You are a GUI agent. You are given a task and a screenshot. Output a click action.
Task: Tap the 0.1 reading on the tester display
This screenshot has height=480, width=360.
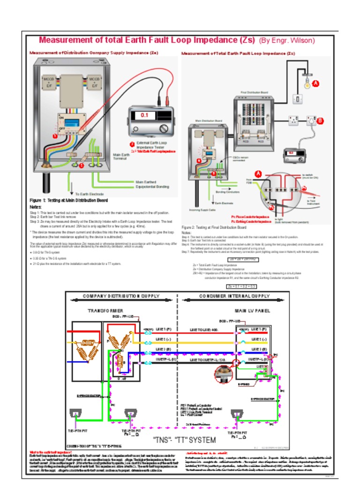point(144,115)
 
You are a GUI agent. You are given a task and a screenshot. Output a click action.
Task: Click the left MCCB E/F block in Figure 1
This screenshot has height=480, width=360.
point(49,82)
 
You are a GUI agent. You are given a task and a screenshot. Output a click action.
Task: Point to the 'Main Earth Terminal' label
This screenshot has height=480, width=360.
point(121,157)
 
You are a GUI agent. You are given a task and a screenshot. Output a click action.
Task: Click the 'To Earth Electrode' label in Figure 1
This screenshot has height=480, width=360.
point(90,194)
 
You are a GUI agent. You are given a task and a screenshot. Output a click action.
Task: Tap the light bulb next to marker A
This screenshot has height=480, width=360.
point(307,84)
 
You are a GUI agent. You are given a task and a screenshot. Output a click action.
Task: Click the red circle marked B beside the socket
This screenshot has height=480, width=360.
point(320,120)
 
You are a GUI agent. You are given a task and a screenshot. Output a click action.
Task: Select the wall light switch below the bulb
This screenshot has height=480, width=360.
point(297,99)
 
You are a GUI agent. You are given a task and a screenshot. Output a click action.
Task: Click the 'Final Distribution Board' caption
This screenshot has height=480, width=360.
point(254,92)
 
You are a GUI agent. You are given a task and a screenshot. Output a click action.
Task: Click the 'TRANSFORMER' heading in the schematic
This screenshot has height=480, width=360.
point(105,311)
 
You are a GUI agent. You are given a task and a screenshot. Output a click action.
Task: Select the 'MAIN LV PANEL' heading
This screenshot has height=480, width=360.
point(252,311)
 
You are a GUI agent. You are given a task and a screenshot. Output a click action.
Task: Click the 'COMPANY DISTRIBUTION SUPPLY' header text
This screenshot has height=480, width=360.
point(121,296)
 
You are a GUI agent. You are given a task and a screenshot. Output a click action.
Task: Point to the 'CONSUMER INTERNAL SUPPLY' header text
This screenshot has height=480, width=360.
point(234,296)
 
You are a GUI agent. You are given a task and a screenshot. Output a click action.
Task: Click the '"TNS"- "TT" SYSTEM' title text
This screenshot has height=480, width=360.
point(185,440)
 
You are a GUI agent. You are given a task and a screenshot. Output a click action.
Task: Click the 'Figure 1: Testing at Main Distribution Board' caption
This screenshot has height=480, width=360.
point(68,201)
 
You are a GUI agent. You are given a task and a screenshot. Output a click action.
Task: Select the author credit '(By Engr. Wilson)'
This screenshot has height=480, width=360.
point(286,41)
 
